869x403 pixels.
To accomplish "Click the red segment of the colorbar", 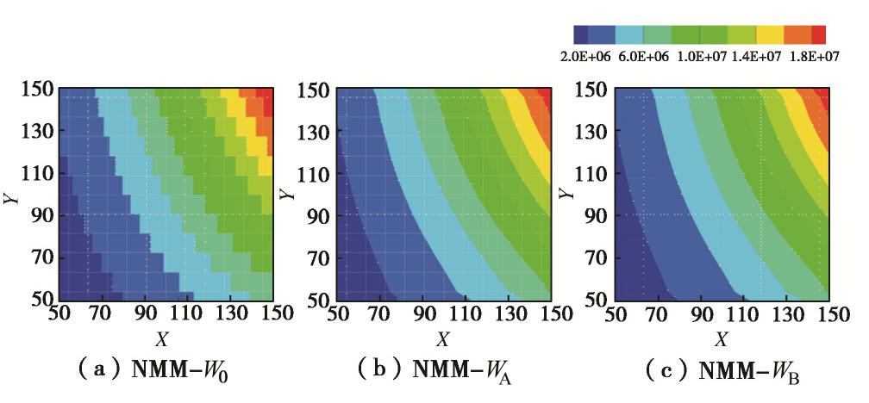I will (820, 34).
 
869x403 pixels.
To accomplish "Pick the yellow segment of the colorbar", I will (770, 34).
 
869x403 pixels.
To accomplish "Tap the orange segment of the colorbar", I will (797, 34).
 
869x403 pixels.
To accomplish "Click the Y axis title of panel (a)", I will (11, 196).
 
